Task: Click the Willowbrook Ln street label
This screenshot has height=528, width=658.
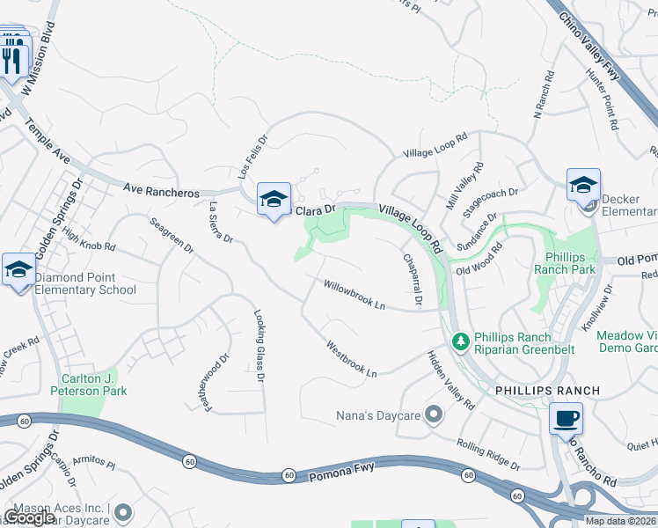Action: click(355, 294)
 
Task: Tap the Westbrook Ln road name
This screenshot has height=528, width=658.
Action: click(351, 358)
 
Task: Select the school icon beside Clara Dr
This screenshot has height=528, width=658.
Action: click(274, 200)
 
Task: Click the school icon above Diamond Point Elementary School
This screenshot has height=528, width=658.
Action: click(18, 269)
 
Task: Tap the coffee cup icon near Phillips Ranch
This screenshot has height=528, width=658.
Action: click(567, 418)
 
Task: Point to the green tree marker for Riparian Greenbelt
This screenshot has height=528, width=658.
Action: click(459, 341)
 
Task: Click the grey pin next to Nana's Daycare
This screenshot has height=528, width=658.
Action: click(432, 414)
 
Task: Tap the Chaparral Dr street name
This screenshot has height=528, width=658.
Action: click(413, 280)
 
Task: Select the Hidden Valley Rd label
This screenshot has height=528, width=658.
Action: click(450, 380)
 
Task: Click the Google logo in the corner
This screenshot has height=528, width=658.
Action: click(29, 517)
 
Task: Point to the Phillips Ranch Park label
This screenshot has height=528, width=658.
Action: click(565, 262)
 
